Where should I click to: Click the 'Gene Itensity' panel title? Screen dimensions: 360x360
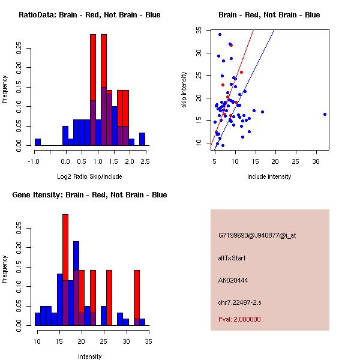click(89, 194)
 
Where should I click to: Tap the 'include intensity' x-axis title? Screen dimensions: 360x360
click(269, 176)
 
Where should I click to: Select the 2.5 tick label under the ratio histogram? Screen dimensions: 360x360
click(145, 161)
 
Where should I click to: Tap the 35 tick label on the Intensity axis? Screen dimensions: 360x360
click(148, 341)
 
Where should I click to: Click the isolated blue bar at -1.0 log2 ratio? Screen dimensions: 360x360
click(38, 142)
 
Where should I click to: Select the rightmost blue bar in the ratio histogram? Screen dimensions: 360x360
click(142, 139)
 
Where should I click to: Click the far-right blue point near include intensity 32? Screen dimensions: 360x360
click(325, 114)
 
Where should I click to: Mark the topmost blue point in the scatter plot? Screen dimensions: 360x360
click(220, 34)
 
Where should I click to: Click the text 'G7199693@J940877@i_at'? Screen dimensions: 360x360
click(257, 235)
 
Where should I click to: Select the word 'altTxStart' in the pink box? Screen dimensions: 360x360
click(232, 258)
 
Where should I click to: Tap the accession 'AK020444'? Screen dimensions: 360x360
click(233, 280)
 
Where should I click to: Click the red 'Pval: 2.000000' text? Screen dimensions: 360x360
click(239, 319)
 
